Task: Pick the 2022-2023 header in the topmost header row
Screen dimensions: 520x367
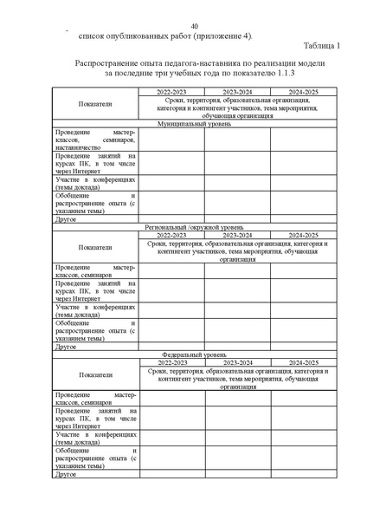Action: pyautogui.click(x=171, y=91)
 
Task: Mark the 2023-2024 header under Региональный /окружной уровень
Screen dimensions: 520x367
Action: pyautogui.click(x=237, y=234)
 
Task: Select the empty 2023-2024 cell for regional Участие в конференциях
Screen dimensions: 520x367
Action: pyautogui.click(x=237, y=310)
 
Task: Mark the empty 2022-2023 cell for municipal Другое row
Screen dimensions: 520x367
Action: pyautogui.click(x=171, y=220)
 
